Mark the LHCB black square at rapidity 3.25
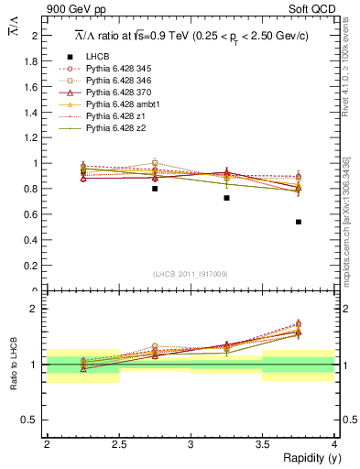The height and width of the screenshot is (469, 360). pos(226,198)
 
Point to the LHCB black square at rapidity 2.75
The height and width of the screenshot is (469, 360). pos(155,189)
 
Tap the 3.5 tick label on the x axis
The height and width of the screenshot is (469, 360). pos(262,444)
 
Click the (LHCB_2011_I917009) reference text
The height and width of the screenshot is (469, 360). pos(191,273)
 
